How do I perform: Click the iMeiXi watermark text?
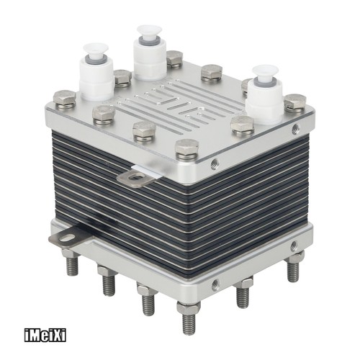tap(45, 336)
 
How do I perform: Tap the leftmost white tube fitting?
tap(97, 72)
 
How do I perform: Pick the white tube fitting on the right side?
tap(265, 94)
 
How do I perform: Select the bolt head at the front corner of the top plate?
tap(187, 149)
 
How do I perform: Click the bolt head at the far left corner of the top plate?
tap(64, 99)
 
